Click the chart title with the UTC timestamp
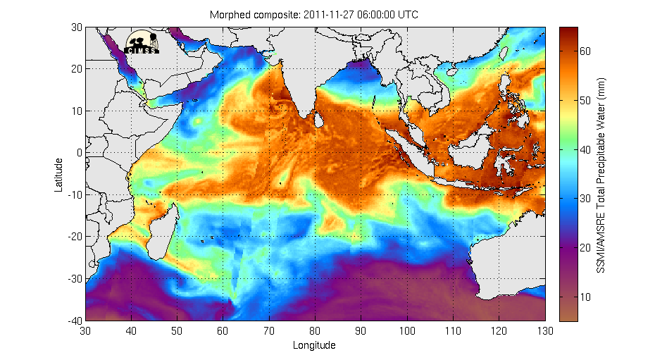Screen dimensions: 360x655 click(314, 14)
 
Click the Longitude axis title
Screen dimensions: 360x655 click(314, 345)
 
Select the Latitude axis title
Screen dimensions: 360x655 click(60, 174)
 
